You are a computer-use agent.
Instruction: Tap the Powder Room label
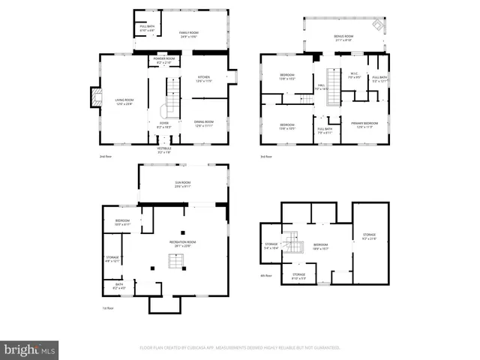164,60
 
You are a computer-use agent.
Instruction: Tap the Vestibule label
163,150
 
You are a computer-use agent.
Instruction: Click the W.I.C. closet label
355,76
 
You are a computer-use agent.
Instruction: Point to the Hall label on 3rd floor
320,87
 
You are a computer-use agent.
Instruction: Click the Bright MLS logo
29,349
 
